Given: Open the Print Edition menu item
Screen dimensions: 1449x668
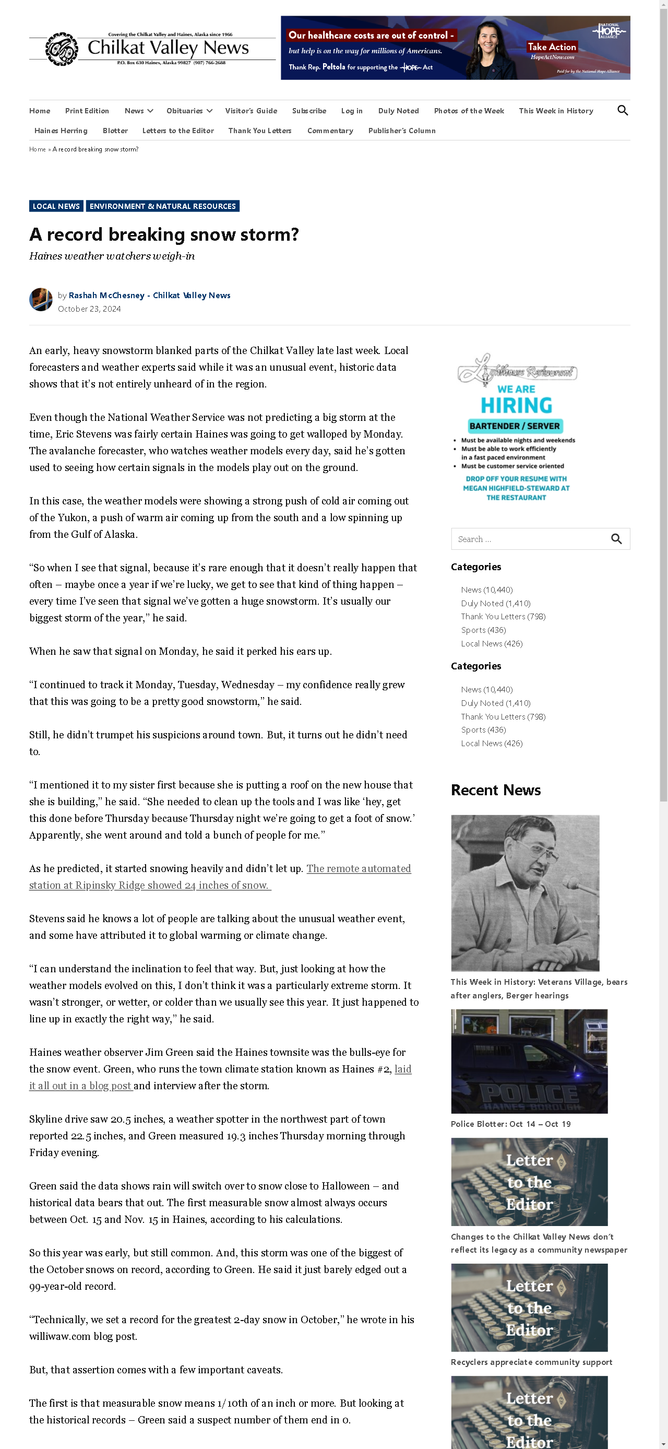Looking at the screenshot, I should (87, 111).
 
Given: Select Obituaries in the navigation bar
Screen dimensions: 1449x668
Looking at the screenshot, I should (184, 111).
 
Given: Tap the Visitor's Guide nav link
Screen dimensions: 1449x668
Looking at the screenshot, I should (251, 111).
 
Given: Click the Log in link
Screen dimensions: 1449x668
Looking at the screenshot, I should (351, 111).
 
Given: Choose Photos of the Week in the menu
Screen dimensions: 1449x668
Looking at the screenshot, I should (469, 111).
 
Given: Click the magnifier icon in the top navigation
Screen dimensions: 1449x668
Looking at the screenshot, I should (622, 110).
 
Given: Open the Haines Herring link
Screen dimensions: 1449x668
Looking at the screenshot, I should (61, 131).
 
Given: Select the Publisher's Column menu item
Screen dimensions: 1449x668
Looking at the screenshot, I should (401, 131).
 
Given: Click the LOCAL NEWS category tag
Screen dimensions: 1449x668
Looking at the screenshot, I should (56, 206).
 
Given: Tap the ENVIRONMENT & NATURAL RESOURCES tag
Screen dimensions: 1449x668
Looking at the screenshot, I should (162, 206).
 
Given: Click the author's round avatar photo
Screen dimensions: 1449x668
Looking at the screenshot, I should (41, 300).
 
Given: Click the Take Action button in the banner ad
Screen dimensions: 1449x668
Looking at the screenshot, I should (551, 46).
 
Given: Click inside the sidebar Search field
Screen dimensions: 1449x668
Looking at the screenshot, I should (529, 539).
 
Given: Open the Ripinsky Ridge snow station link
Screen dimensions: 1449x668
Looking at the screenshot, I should (220, 876).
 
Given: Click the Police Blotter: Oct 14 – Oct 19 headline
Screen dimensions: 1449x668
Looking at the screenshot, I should (510, 1124).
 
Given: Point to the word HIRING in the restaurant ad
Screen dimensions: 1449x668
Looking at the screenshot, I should (516, 406).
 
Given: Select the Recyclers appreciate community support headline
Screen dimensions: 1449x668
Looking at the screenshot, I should (531, 1362).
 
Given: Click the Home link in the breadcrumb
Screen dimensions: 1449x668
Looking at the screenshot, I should (37, 149).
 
